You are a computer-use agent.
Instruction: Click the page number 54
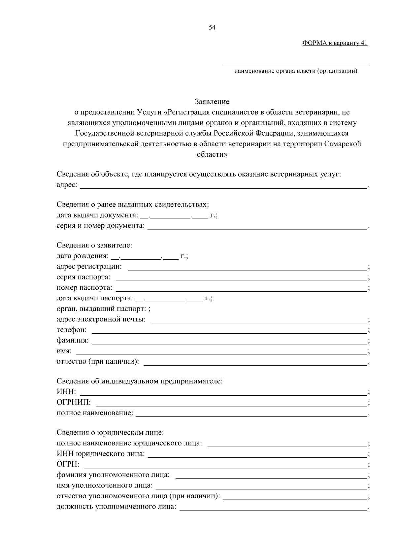tap(212, 28)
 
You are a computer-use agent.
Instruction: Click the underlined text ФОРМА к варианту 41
tap(335, 43)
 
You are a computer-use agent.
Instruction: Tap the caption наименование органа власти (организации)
tap(296, 71)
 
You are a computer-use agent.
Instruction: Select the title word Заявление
tap(212, 101)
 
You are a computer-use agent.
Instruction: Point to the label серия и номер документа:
tap(101, 226)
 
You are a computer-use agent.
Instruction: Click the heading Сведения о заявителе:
tap(94, 245)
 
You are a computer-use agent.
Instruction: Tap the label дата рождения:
tap(82, 256)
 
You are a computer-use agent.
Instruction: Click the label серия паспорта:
tap(83, 277)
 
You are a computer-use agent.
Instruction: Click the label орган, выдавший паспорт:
tap(101, 309)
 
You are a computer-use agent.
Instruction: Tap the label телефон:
tap(72, 330)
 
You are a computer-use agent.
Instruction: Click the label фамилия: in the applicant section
tap(73, 340)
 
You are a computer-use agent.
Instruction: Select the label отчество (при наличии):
tap(98, 361)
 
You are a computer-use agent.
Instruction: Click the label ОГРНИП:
tap(74, 403)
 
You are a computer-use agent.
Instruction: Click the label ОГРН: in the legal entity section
tap(68, 464)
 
